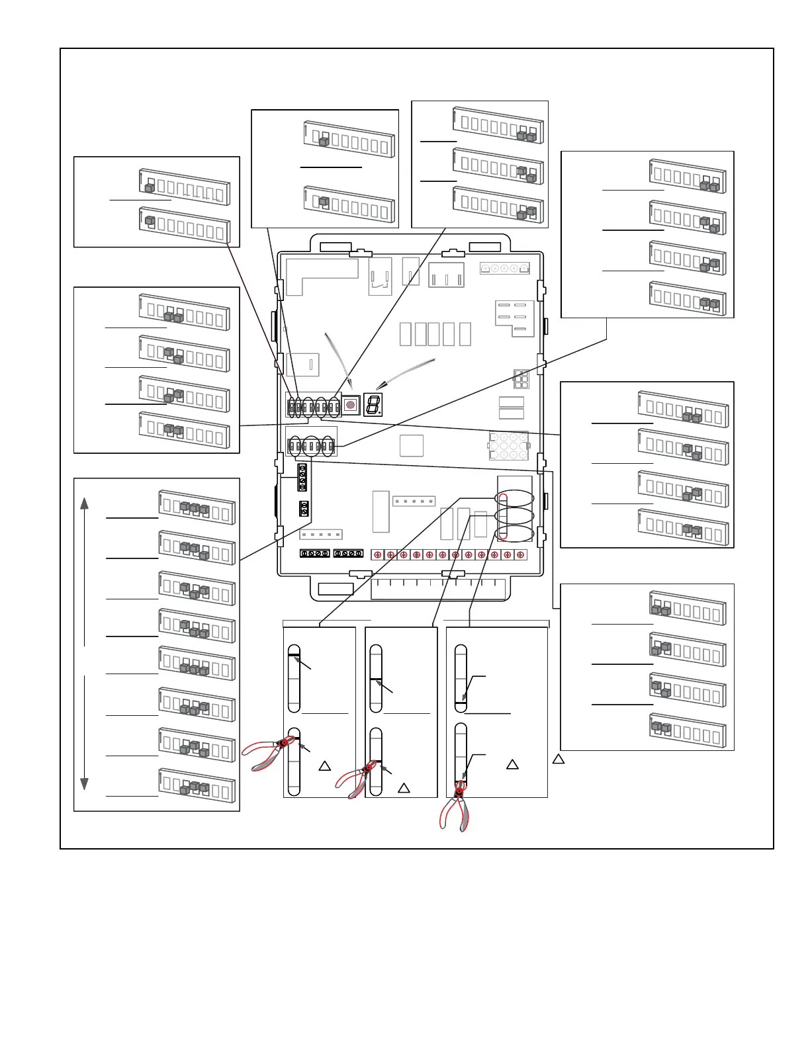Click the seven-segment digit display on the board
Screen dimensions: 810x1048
coord(373,405)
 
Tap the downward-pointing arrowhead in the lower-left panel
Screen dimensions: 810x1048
coord(85,784)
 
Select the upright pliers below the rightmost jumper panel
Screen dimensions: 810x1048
coord(455,807)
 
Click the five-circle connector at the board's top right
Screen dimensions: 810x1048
coord(504,269)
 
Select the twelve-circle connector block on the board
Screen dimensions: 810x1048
coord(508,446)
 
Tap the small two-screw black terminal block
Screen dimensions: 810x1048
coord(304,508)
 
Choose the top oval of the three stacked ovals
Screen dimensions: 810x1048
coord(514,498)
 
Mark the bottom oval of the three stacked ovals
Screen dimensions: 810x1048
coord(514,533)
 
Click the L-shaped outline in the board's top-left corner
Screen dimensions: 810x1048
coord(320,275)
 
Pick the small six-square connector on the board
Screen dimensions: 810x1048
coord(521,380)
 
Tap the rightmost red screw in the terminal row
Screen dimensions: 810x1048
coord(520,554)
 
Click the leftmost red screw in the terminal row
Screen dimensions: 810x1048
coord(378,554)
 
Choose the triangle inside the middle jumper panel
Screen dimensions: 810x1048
coord(404,788)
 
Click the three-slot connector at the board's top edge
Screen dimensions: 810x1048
coord(446,275)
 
